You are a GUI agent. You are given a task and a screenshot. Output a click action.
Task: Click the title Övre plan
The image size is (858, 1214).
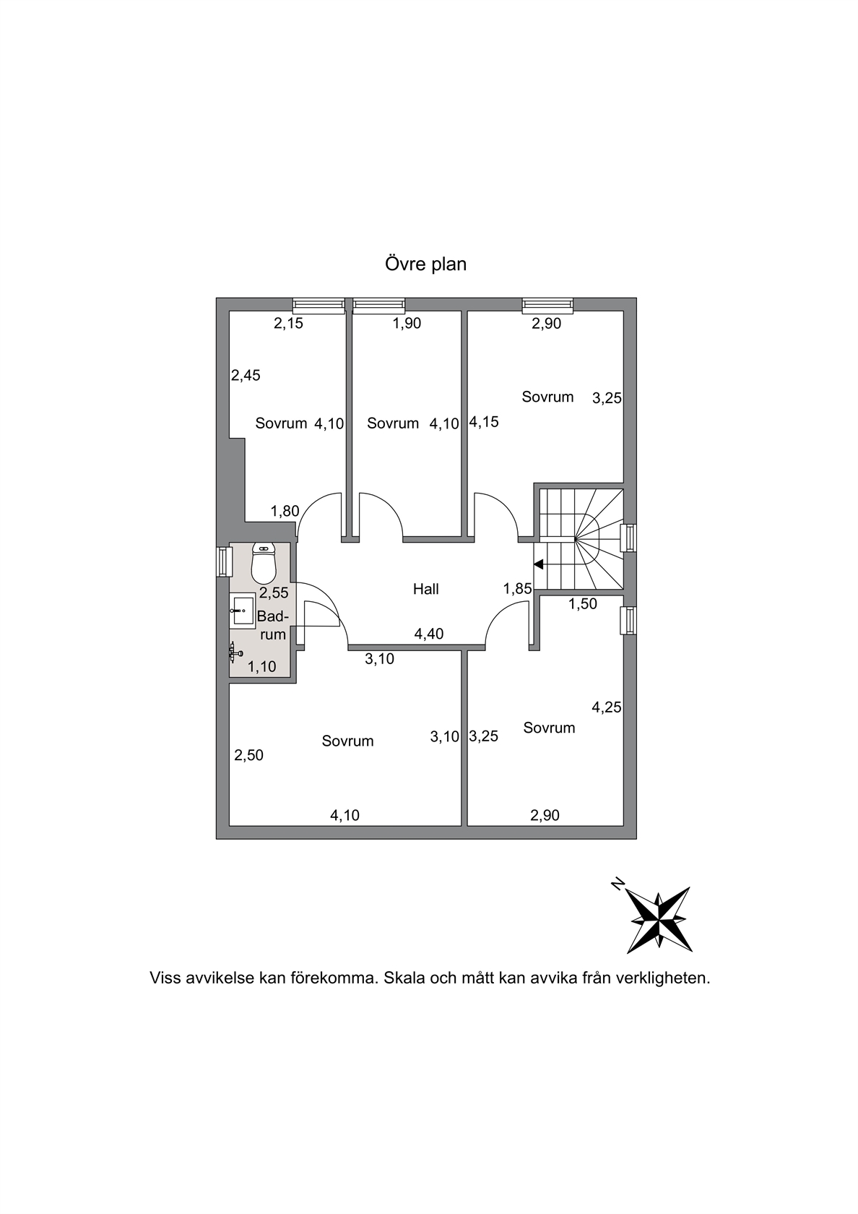tap(426, 264)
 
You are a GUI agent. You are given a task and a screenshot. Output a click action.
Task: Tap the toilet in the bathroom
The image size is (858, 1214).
tap(264, 564)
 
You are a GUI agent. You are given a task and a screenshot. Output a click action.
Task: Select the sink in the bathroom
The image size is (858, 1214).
tap(242, 611)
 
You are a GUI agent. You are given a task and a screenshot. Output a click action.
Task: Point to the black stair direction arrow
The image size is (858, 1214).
tap(539, 565)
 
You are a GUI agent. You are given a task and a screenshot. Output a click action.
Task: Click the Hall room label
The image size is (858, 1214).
tap(426, 589)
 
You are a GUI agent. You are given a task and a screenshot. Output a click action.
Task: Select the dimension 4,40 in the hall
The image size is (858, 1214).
tap(429, 634)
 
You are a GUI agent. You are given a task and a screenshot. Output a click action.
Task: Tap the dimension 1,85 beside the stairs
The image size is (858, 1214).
tap(517, 588)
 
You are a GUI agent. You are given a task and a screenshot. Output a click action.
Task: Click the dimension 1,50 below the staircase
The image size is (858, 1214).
tap(582, 604)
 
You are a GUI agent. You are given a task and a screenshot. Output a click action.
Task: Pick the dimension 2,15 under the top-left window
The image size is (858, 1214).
tap(288, 324)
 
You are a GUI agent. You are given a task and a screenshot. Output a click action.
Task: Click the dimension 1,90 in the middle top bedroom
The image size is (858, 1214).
tap(407, 324)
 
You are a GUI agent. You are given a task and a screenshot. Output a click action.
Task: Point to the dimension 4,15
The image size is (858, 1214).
tap(484, 422)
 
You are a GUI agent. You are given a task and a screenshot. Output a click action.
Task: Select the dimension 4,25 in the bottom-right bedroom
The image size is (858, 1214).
tap(606, 707)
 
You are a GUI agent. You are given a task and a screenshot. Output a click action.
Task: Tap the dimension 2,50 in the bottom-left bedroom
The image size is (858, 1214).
tap(248, 755)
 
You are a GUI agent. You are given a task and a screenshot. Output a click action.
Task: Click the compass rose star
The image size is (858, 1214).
tap(660, 921)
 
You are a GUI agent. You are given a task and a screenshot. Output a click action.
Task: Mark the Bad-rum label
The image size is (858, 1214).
tap(272, 626)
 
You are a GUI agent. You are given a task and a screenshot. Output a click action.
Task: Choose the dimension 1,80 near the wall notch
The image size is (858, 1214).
tap(285, 510)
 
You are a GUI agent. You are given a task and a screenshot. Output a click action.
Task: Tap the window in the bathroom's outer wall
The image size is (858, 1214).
tap(222, 561)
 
